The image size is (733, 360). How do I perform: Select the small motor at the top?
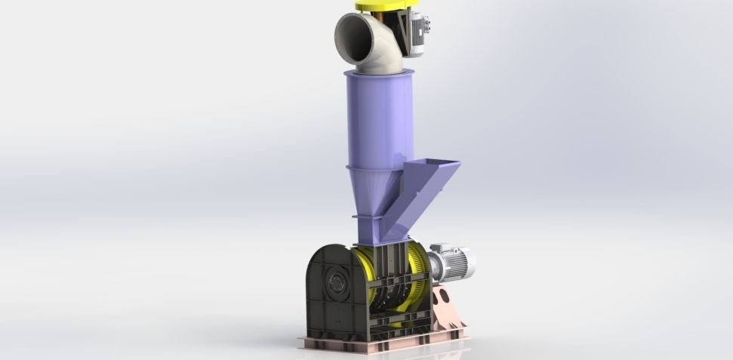click(416, 32)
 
